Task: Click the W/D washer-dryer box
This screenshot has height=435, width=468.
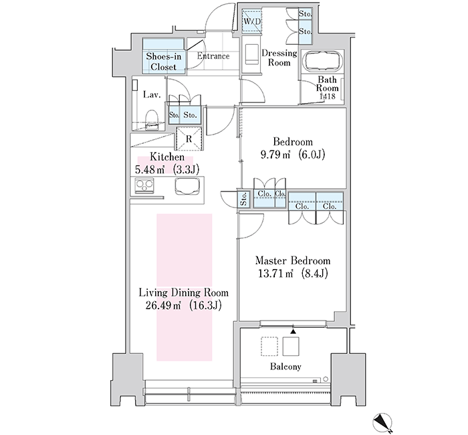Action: [251, 21]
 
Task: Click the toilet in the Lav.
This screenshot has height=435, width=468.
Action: [152, 120]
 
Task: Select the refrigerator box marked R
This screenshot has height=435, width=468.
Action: [189, 139]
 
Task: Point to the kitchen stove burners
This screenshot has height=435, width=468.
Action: [144, 185]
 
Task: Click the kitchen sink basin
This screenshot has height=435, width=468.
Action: [187, 186]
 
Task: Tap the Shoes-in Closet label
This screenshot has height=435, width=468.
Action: [164, 62]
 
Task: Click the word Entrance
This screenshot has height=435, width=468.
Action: [213, 56]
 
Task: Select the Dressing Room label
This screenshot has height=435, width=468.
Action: [279, 58]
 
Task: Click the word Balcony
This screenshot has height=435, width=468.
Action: [285, 367]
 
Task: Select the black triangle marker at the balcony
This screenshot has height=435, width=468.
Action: [294, 331]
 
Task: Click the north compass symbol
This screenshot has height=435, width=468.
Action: [382, 423]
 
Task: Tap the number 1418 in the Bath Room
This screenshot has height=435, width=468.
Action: [328, 96]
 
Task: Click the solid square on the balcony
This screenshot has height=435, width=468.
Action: [291, 346]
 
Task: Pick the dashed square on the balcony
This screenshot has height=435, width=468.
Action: [269, 346]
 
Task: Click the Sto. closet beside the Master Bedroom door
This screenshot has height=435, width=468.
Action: [243, 198]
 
